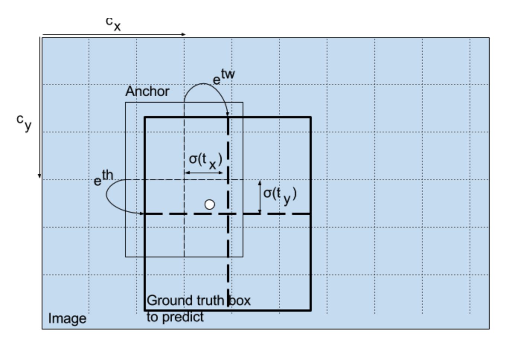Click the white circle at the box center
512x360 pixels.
click(210, 205)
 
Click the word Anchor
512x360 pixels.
click(147, 91)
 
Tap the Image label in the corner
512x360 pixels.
click(67, 319)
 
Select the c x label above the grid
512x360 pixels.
click(113, 23)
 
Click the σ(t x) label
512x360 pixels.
click(205, 160)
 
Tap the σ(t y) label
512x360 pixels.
click(279, 195)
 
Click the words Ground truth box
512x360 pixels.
click(199, 300)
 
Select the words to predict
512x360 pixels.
click(175, 317)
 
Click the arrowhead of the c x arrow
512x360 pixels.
click(183, 34)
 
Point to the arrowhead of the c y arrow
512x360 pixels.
click(39, 176)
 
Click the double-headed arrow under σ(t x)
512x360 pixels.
click(204, 173)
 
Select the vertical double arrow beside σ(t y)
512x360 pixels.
click(260, 197)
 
